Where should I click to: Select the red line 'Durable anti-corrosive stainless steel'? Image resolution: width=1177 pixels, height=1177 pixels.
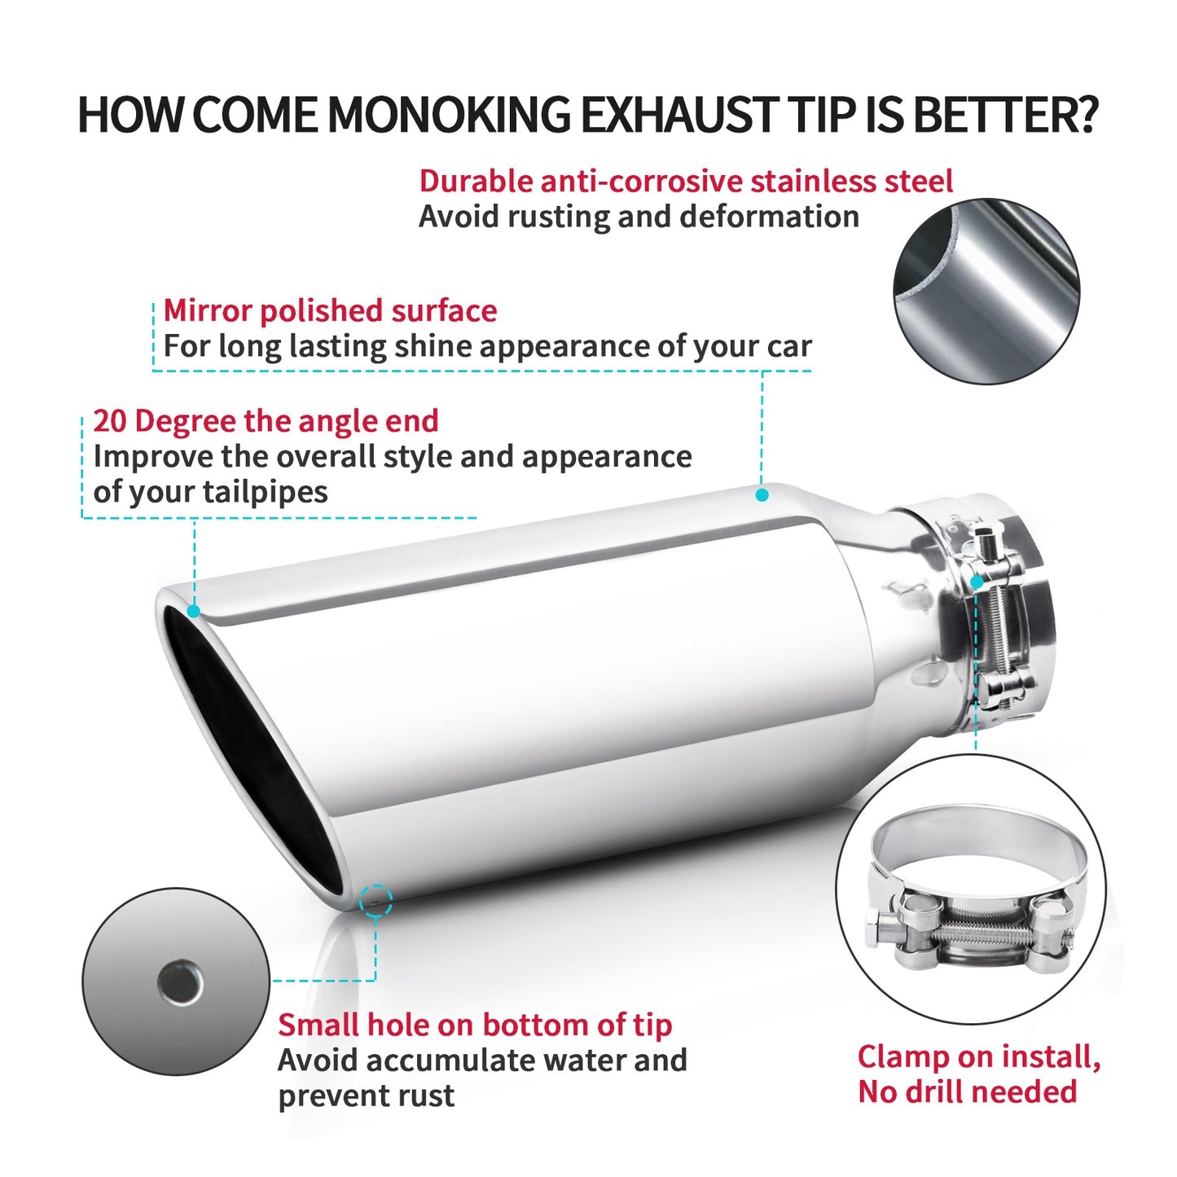pyautogui.click(x=685, y=181)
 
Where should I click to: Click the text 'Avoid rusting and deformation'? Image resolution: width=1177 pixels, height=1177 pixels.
pyautogui.click(x=639, y=217)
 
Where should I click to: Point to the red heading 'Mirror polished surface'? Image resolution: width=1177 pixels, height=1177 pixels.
pyautogui.click(x=330, y=310)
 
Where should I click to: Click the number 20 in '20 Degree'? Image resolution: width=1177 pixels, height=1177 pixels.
pyautogui.click(x=110, y=421)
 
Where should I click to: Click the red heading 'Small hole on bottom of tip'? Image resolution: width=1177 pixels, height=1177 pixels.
pyautogui.click(x=475, y=1025)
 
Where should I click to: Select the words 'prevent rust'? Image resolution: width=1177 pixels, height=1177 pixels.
pyautogui.click(x=366, y=1096)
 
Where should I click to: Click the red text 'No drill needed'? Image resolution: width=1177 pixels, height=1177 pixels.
pyautogui.click(x=967, y=1091)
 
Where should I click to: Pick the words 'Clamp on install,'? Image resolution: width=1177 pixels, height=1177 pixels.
pyautogui.click(x=978, y=1056)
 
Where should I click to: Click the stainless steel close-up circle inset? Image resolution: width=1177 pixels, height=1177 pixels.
pyautogui.click(x=986, y=291)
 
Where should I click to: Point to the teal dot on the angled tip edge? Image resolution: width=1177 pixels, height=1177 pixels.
pyautogui.click(x=194, y=611)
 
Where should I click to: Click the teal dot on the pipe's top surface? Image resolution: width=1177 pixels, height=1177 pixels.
pyautogui.click(x=762, y=494)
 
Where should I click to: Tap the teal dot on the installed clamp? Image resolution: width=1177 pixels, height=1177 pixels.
pyautogui.click(x=977, y=582)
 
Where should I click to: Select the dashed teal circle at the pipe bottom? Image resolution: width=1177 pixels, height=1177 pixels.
pyautogui.click(x=375, y=900)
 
